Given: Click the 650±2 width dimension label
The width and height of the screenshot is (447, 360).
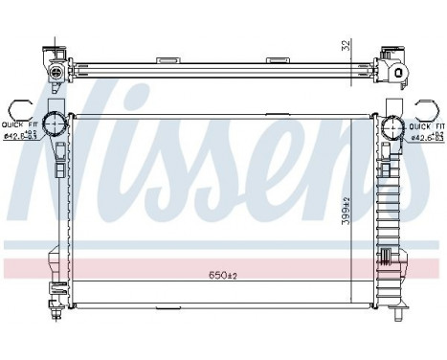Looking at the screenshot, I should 223,275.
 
